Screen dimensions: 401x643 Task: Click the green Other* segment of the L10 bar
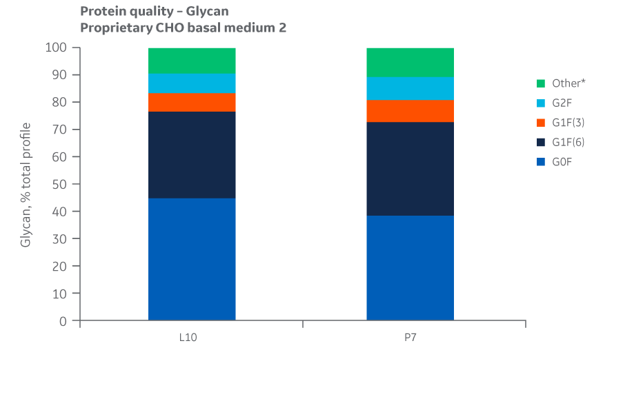(x=192, y=61)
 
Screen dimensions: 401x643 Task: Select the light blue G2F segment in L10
(x=192, y=83)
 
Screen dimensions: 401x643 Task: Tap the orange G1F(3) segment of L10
(x=192, y=102)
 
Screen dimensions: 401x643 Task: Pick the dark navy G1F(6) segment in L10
(x=192, y=155)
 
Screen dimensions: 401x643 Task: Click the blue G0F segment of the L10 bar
(x=192, y=259)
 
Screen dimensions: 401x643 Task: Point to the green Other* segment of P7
(x=410, y=62)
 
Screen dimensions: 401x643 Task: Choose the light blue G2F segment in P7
(x=410, y=88)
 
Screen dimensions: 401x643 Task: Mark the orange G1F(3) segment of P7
(x=410, y=111)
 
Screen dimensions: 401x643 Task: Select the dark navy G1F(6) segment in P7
(x=410, y=169)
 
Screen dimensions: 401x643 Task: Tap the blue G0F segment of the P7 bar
(x=410, y=268)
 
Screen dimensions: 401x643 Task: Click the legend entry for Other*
(x=568, y=83)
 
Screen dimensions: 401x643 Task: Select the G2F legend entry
(x=562, y=103)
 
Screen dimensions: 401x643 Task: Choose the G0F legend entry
(x=562, y=161)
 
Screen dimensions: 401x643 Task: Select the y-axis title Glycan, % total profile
(x=26, y=185)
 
